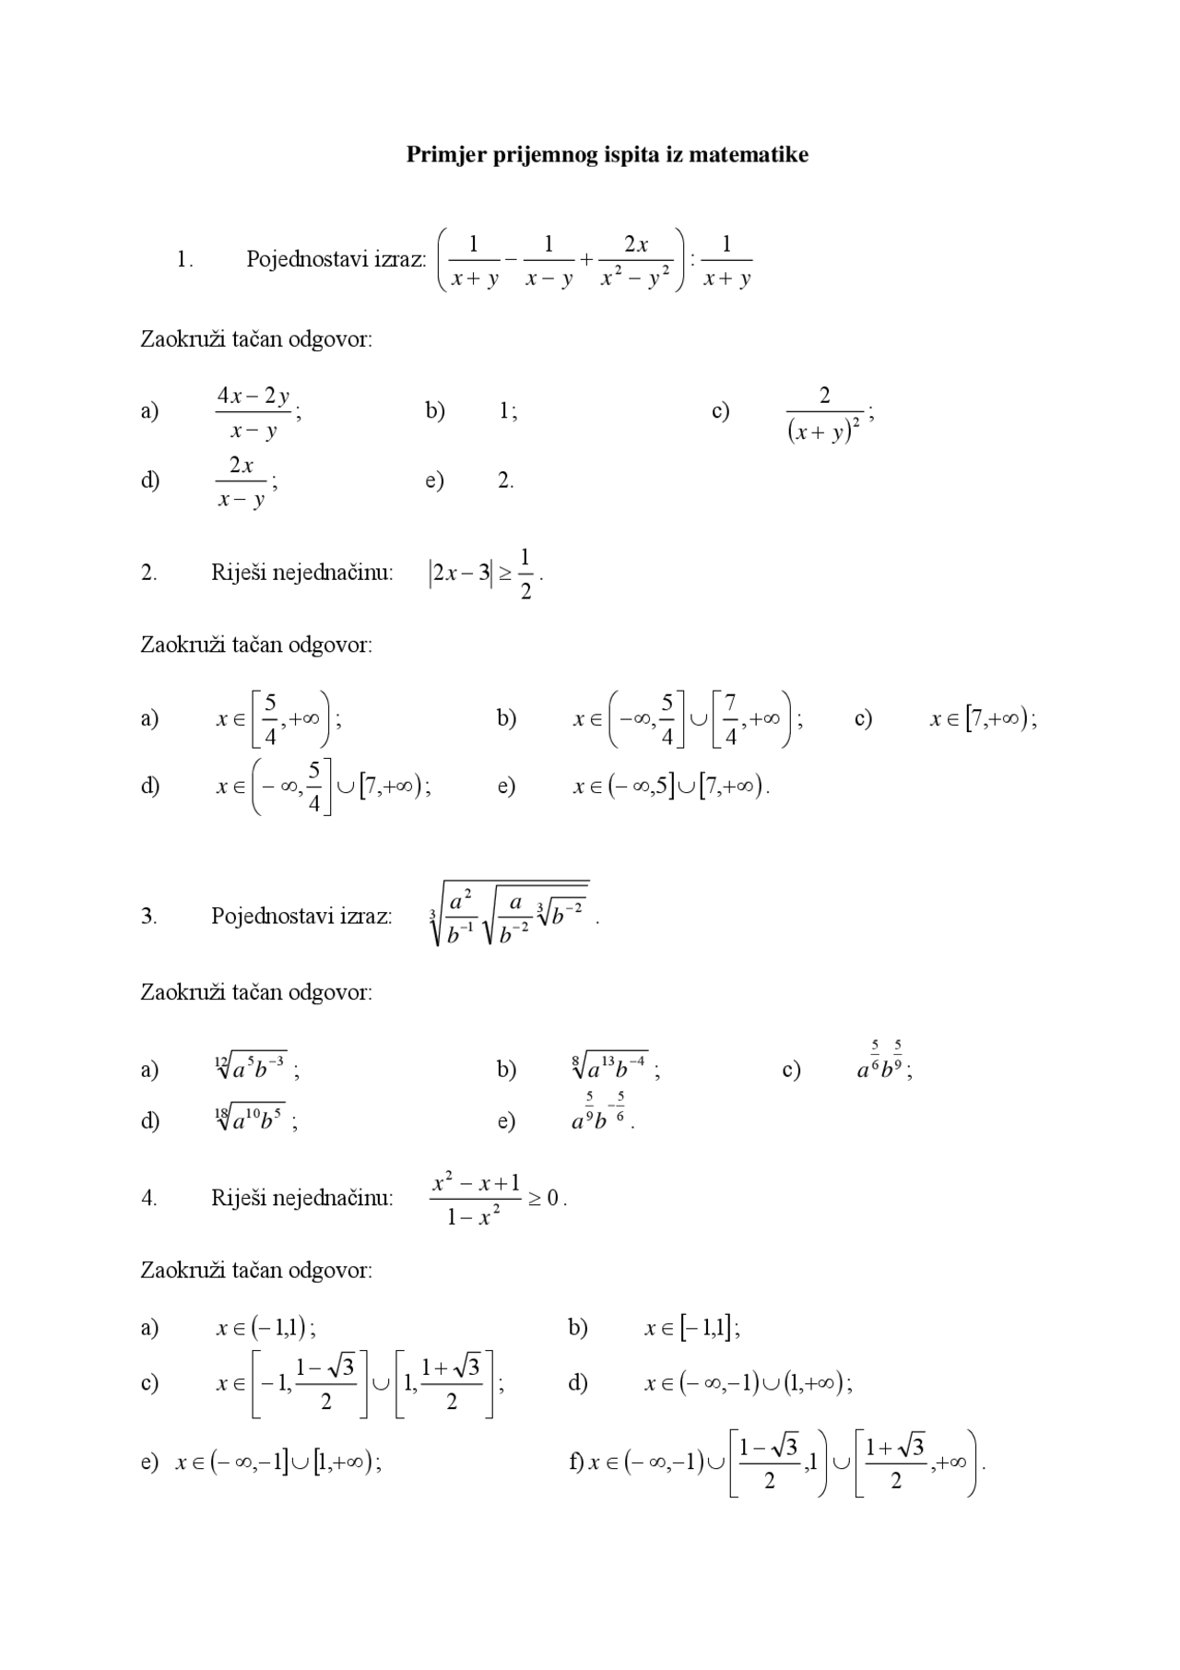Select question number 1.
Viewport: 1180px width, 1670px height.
tap(184, 260)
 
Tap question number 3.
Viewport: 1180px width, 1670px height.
tap(148, 917)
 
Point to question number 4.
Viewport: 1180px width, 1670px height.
tap(148, 1198)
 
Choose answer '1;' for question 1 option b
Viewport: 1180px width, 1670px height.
tap(507, 411)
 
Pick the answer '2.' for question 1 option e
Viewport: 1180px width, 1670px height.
tap(505, 480)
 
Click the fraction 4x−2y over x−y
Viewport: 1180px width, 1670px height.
tap(254, 412)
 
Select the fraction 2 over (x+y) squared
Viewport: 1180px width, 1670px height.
tap(825, 414)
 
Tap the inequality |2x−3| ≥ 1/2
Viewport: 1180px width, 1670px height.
tap(484, 574)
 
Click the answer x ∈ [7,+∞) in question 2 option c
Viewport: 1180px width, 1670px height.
tap(982, 719)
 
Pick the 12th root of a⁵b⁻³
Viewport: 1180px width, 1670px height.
tap(252, 1068)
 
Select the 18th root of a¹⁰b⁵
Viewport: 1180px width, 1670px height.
tap(251, 1119)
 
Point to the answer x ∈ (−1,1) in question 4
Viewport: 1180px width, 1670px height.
tap(265, 1328)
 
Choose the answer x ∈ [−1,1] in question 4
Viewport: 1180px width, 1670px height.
tap(691, 1328)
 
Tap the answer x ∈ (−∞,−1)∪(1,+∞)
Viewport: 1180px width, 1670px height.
tap(748, 1382)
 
